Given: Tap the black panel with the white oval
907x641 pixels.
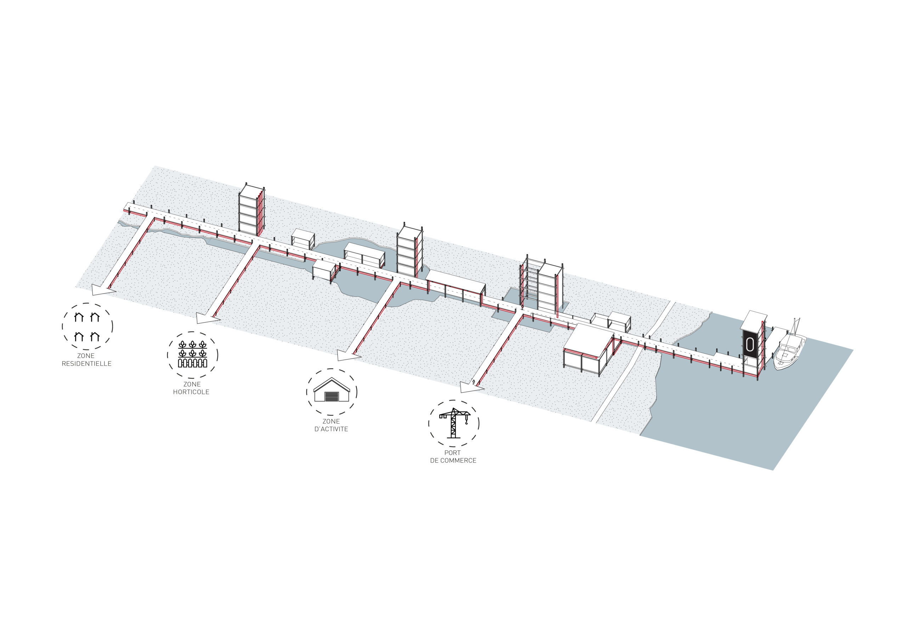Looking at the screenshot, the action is point(750,345).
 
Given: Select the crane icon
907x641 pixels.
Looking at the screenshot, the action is point(454,423).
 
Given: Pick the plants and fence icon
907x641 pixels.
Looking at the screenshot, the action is point(192,354).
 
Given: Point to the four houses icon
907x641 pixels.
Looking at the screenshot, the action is point(87,327).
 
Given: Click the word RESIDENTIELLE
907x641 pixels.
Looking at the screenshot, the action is point(86,364).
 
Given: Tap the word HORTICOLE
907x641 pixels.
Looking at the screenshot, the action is point(191,392).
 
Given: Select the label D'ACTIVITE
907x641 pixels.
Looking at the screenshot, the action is point(331,429).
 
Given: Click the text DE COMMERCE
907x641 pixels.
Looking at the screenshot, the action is point(453,460).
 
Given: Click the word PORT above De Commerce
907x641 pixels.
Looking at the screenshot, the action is point(453,453).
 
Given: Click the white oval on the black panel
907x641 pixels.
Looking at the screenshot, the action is point(750,345).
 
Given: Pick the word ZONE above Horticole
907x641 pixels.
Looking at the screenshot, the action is point(192,384).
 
